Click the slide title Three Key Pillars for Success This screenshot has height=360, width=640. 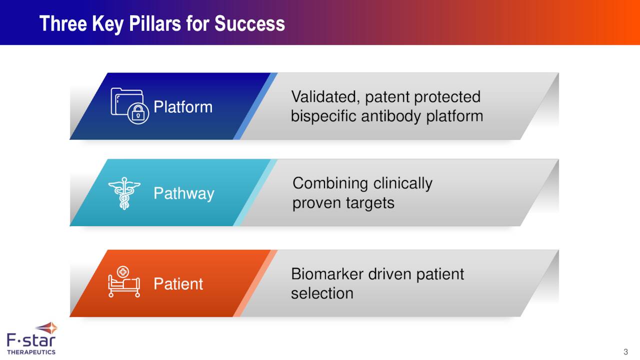pyautogui.click(x=162, y=23)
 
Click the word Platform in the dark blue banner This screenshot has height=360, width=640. pyautogui.click(x=182, y=107)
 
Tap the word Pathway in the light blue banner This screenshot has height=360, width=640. pyautogui.click(x=183, y=193)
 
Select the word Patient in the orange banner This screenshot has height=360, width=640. pyautogui.click(x=178, y=284)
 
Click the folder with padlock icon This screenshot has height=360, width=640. pyautogui.click(x=129, y=106)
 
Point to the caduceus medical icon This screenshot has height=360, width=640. pyautogui.click(x=124, y=193)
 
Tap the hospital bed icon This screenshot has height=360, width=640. pyautogui.click(x=124, y=282)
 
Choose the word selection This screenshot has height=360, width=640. pyautogui.click(x=322, y=293)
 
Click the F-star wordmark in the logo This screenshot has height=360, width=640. pyautogui.click(x=31, y=341)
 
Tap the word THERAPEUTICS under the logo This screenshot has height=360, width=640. pyautogui.click(x=31, y=352)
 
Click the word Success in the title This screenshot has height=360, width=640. pyautogui.click(x=249, y=23)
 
